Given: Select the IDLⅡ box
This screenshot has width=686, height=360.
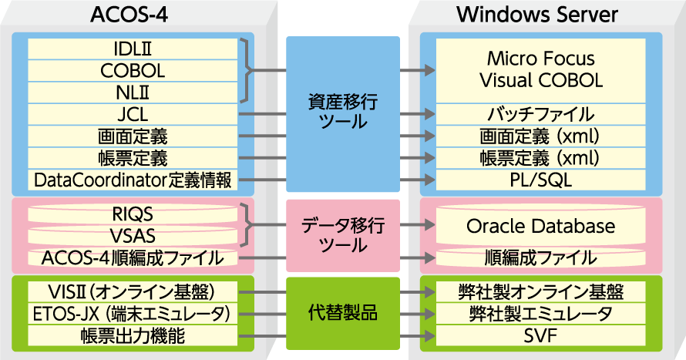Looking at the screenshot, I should (133, 49).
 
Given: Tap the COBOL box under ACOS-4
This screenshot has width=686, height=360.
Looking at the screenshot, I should (133, 71).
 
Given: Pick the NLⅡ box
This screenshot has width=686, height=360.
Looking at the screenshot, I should (133, 93).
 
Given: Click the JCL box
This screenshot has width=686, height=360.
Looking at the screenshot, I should (133, 115).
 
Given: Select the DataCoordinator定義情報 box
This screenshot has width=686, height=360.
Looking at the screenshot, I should (133, 180).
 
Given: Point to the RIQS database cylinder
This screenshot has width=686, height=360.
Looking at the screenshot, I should (133, 214).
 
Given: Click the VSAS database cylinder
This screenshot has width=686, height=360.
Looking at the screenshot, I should (133, 235).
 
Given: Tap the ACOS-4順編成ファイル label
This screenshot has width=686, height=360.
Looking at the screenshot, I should (133, 257).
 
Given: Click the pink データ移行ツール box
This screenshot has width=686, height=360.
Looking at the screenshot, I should (343, 235).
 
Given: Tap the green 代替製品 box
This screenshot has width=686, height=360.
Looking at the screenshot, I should (343, 315).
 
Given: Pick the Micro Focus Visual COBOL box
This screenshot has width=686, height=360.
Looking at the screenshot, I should (540, 69).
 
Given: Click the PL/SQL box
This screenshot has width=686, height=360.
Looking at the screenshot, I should (540, 180).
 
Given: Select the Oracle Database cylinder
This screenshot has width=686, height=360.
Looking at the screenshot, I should (540, 227).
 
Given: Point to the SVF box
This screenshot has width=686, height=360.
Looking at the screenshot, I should (540, 336).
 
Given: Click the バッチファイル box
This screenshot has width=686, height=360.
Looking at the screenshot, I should (540, 115).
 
